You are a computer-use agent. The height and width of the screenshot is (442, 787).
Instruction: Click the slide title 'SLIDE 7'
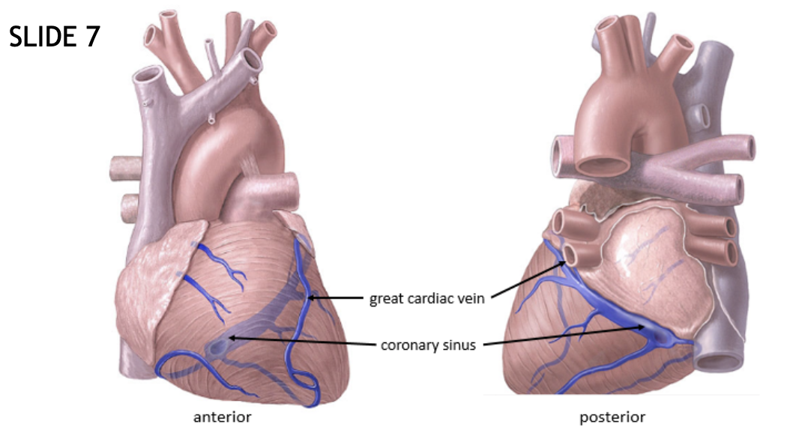[54, 37]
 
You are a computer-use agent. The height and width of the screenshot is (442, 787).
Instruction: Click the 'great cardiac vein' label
[427, 299]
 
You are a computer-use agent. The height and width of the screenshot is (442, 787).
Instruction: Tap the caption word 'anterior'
[223, 417]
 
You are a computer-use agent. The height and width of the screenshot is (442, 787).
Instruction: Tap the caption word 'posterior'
[612, 417]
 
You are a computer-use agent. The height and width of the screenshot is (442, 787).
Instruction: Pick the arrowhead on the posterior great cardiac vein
[564, 263]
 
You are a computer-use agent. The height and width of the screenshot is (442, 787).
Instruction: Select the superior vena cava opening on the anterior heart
[148, 76]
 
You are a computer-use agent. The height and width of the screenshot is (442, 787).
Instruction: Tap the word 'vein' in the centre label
[473, 299]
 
